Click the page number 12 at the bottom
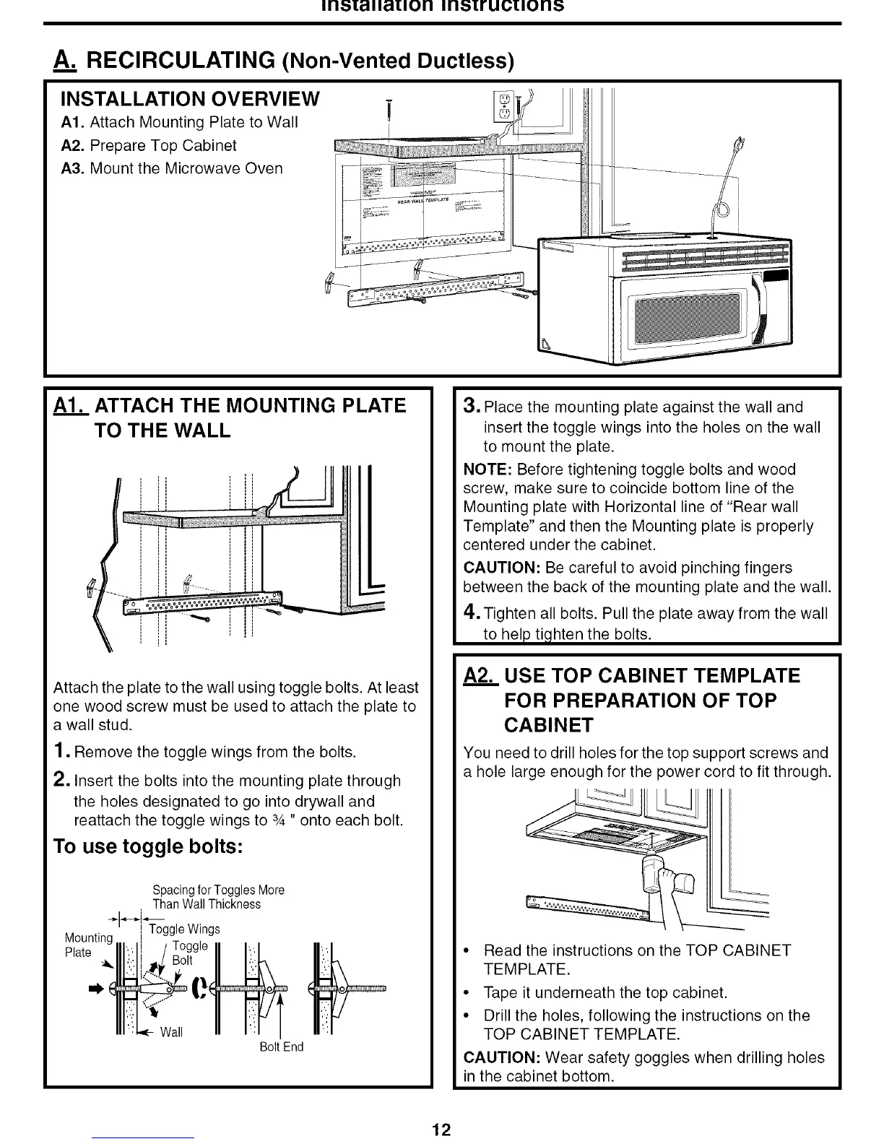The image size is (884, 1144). click(x=441, y=1130)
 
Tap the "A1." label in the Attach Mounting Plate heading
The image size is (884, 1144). click(x=70, y=405)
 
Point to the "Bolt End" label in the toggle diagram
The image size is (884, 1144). click(x=281, y=1046)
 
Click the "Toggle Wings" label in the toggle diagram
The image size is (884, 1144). click(x=184, y=928)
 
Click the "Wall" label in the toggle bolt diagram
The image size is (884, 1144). click(x=171, y=1032)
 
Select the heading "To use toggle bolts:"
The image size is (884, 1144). click(x=147, y=846)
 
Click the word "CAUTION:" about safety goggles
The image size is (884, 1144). click(x=502, y=1057)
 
